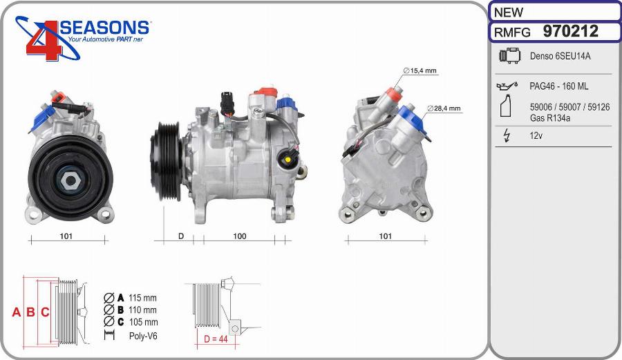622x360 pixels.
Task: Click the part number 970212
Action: pos(570,31)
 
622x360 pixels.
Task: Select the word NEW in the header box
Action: pos(509,12)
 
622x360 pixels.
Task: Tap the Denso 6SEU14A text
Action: pos(560,56)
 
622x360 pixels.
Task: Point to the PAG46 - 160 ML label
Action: pos(559,86)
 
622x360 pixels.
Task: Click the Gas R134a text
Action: pos(550,117)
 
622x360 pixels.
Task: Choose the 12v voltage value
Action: pos(536,135)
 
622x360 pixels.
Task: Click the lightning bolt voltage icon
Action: pos(506,135)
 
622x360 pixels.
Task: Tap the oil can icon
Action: pos(507,86)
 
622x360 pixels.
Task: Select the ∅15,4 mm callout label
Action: pos(420,70)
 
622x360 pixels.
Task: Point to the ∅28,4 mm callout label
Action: pos(444,108)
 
